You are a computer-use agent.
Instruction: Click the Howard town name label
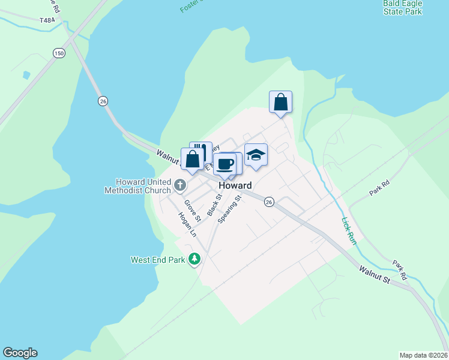pos(235,185)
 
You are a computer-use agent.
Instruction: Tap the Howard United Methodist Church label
pos(137,186)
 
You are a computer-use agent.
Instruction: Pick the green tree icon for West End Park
pos(194,259)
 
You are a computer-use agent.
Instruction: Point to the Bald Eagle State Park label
pos(402,7)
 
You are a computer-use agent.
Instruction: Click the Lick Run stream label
pos(349,230)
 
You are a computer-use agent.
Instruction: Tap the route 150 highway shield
pos(58,53)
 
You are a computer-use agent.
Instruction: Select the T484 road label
pos(47,20)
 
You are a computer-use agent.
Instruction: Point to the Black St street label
pos(214,205)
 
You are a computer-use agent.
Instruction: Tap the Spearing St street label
pos(229,209)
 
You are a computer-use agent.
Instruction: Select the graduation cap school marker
pos(256,155)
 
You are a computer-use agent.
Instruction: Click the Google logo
pos(20,353)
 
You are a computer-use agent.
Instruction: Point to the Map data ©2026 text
pos(423,355)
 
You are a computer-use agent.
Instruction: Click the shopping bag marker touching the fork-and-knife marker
pos(192,160)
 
